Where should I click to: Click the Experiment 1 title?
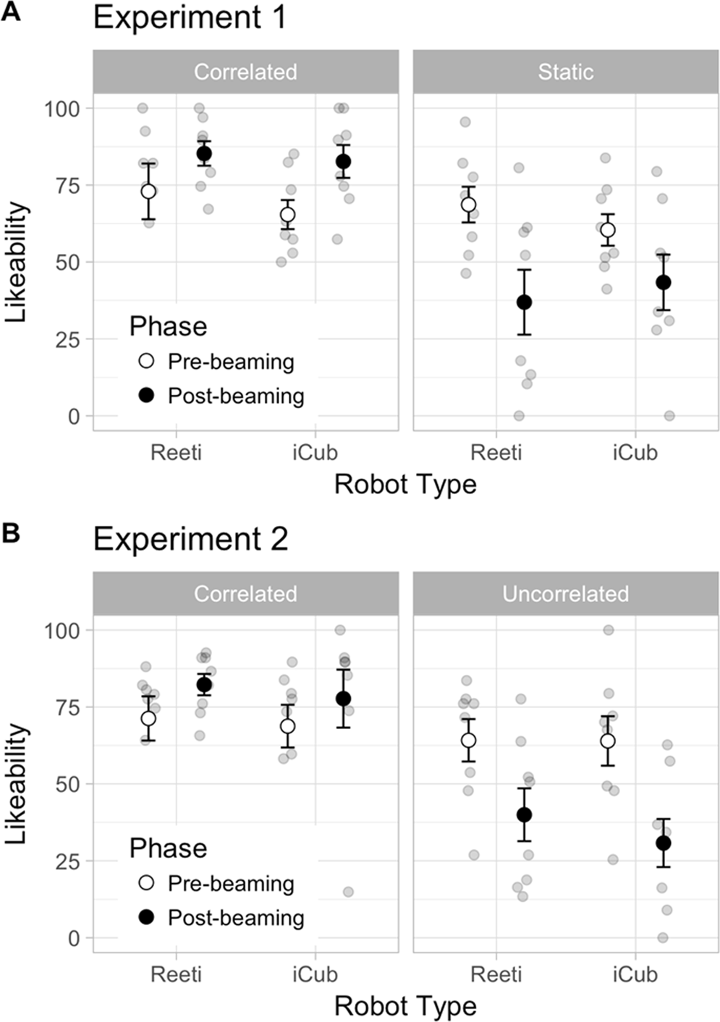pyautogui.click(x=190, y=18)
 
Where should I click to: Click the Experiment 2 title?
pyautogui.click(x=190, y=540)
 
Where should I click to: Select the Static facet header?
pyautogui.click(x=565, y=72)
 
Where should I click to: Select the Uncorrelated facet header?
pyautogui.click(x=565, y=594)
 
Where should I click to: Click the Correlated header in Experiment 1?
pyautogui.click(x=245, y=72)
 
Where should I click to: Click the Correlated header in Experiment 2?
pyautogui.click(x=245, y=594)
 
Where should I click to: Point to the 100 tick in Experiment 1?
pyautogui.click(x=62, y=108)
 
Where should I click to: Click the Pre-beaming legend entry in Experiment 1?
pyautogui.click(x=230, y=362)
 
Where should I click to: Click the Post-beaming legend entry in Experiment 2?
pyautogui.click(x=235, y=918)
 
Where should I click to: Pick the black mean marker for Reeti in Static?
pyautogui.click(x=524, y=302)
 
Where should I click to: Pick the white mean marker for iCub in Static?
pyautogui.click(x=608, y=230)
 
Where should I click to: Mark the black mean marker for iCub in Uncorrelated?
pyautogui.click(x=663, y=843)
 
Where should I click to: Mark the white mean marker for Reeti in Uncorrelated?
pyautogui.click(x=468, y=741)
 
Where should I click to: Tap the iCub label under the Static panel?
pyautogui.click(x=635, y=453)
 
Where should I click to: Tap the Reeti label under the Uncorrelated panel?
pyautogui.click(x=496, y=974)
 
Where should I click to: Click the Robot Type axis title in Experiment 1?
pyautogui.click(x=405, y=485)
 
